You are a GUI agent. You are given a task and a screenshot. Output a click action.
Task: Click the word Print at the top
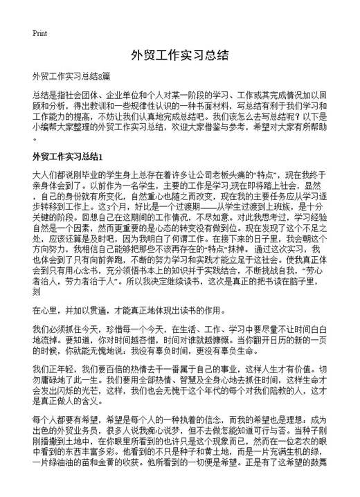[39, 33]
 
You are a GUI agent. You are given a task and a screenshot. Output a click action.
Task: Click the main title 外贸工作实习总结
[179, 55]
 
